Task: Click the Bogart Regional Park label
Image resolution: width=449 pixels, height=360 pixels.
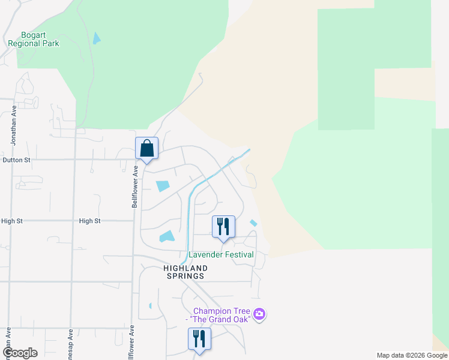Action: (33, 39)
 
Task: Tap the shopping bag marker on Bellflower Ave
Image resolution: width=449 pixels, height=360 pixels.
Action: (146, 148)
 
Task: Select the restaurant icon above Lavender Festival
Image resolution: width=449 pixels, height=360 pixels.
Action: (223, 227)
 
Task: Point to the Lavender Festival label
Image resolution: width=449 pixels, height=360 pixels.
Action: (221, 254)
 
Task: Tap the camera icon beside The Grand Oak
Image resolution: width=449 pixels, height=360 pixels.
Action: (259, 314)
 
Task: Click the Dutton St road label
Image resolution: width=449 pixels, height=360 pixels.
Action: (16, 160)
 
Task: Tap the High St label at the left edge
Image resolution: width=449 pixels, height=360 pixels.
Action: (11, 221)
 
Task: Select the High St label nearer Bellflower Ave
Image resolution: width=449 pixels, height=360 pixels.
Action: (89, 221)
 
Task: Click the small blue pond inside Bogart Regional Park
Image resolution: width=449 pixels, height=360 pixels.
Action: (97, 38)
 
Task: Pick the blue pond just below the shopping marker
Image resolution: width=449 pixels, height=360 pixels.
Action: (163, 186)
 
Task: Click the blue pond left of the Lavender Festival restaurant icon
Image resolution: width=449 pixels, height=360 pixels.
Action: (167, 237)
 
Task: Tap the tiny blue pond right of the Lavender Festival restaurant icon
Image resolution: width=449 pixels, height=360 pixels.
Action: (253, 223)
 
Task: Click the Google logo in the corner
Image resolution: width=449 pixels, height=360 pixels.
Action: (19, 353)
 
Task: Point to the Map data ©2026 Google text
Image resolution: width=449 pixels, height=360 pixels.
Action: (412, 355)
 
